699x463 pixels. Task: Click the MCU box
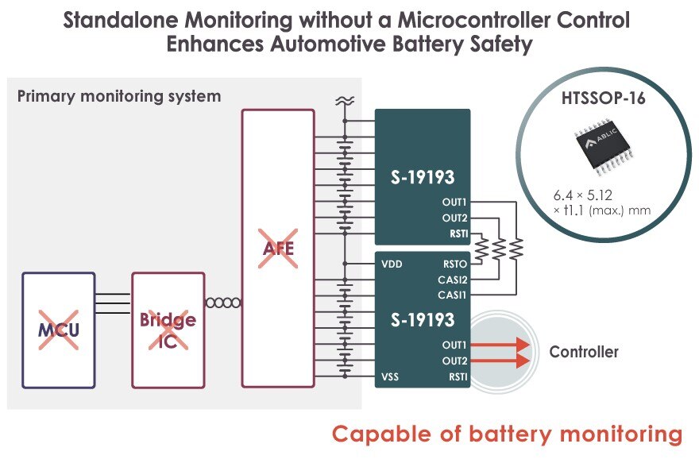pyautogui.click(x=59, y=330)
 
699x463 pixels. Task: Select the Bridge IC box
pyautogui.click(x=168, y=330)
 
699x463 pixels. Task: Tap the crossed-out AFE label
pyautogui.click(x=279, y=249)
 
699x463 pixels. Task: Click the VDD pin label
pyautogui.click(x=392, y=264)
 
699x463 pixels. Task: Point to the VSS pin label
pyautogui.click(x=391, y=376)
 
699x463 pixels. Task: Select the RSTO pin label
pyautogui.click(x=453, y=264)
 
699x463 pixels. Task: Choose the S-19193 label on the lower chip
pyautogui.click(x=423, y=320)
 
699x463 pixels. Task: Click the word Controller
pyautogui.click(x=584, y=352)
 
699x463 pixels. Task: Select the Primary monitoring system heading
pyautogui.click(x=119, y=97)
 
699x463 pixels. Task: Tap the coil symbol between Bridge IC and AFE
pyautogui.click(x=223, y=303)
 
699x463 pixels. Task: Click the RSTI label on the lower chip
pyautogui.click(x=457, y=376)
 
